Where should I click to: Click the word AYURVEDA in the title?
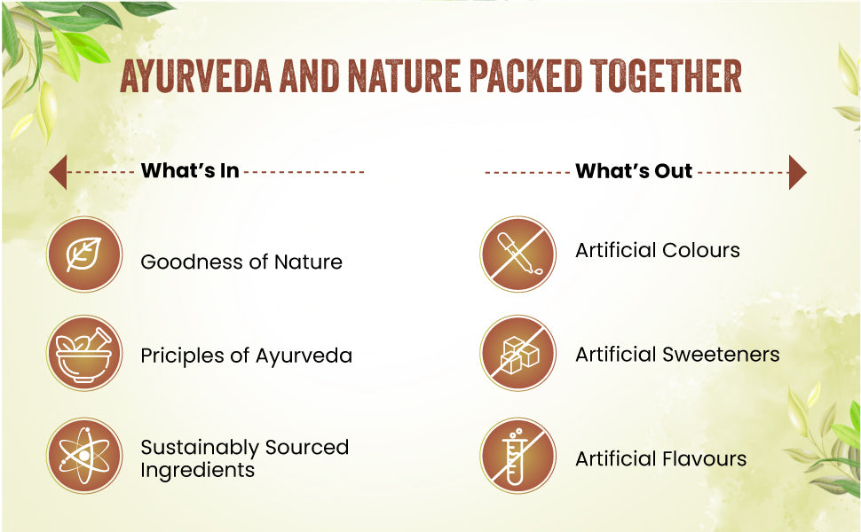tap(195, 75)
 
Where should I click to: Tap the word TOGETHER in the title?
tap(666, 75)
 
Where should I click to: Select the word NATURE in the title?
tap(404, 75)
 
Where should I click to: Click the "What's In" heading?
tap(190, 170)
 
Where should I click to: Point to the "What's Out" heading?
tap(634, 170)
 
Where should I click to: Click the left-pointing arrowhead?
tap(58, 172)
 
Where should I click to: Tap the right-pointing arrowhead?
tap(798, 172)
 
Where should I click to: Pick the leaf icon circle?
tap(84, 254)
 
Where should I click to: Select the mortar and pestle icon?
tap(84, 353)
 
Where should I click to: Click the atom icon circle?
tap(84, 456)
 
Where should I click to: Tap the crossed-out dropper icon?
tap(517, 254)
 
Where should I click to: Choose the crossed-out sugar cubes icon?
tap(517, 353)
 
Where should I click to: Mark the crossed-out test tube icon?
tap(517, 456)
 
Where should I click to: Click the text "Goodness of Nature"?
tap(241, 262)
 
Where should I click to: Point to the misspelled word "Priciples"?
tap(183, 356)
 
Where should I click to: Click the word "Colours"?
tap(701, 250)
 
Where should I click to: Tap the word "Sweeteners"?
tap(721, 355)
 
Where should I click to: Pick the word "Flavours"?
tap(704, 458)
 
